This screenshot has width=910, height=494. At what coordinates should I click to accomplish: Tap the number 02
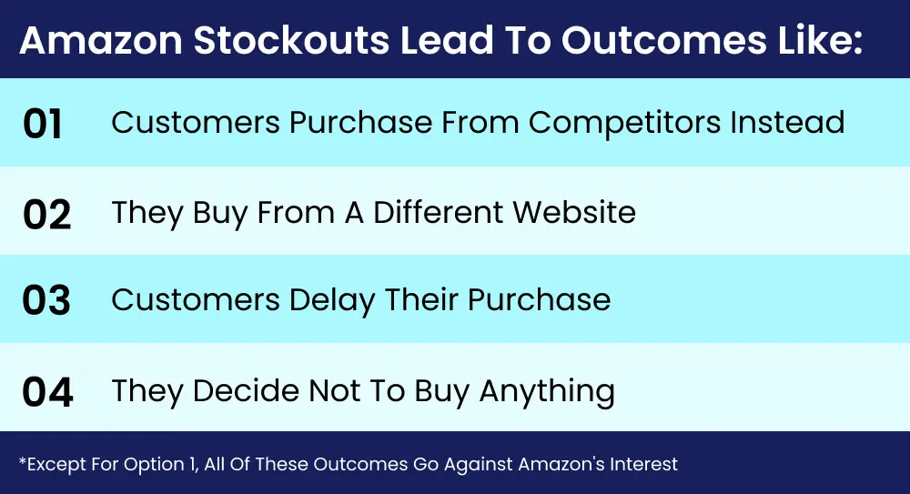[x=45, y=216]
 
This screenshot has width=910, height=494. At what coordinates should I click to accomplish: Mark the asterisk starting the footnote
[x=22, y=461]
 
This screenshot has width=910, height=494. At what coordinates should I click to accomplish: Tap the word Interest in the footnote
[x=645, y=464]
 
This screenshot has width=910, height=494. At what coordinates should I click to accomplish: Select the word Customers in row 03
[x=194, y=301]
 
